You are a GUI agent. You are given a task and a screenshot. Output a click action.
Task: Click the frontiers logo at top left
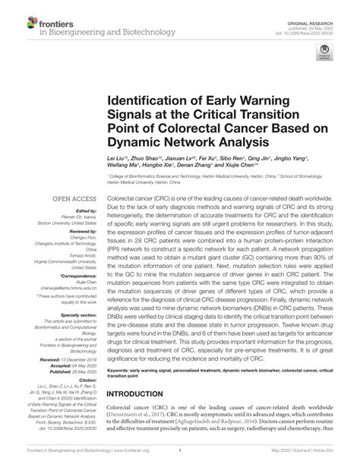click(x=19, y=17)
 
